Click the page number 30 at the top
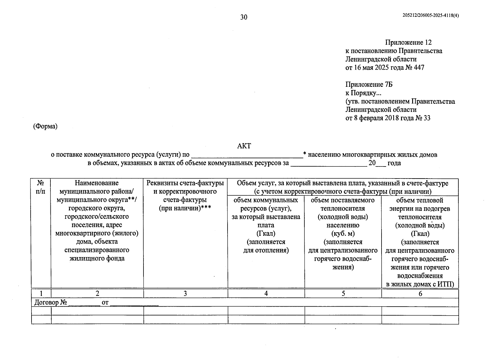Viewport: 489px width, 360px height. (x=244, y=17)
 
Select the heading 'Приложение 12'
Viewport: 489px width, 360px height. (x=408, y=43)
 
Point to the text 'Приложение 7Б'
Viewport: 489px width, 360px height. (x=369, y=85)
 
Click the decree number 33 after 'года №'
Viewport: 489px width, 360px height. (x=427, y=118)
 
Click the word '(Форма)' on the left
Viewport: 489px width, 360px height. (x=45, y=126)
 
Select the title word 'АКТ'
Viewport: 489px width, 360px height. (x=244, y=146)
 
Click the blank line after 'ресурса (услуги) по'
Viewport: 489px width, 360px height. (x=247, y=155)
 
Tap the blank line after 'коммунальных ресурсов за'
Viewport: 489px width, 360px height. (x=328, y=164)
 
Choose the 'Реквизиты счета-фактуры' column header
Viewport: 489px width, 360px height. (x=185, y=183)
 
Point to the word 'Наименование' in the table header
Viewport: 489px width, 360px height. (x=97, y=183)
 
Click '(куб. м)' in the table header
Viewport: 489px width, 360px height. (x=343, y=233)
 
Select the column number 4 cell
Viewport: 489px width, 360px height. (x=266, y=294)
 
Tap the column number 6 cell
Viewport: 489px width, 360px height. (x=420, y=294)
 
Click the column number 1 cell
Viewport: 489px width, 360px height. (x=41, y=294)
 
